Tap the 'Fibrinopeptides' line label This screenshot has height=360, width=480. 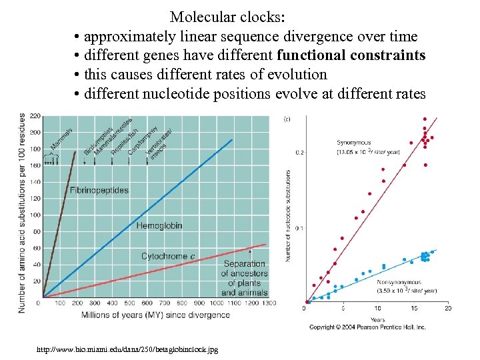(99, 190)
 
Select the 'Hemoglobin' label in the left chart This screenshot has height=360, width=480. (159, 226)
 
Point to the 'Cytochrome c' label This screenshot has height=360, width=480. (168, 257)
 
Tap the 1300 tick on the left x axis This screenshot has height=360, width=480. (267, 303)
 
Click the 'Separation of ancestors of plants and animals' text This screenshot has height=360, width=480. (244, 278)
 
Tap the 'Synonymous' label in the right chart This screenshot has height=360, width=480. (354, 143)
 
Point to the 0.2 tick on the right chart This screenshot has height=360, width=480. (299, 153)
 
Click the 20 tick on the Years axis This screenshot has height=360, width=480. (447, 309)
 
